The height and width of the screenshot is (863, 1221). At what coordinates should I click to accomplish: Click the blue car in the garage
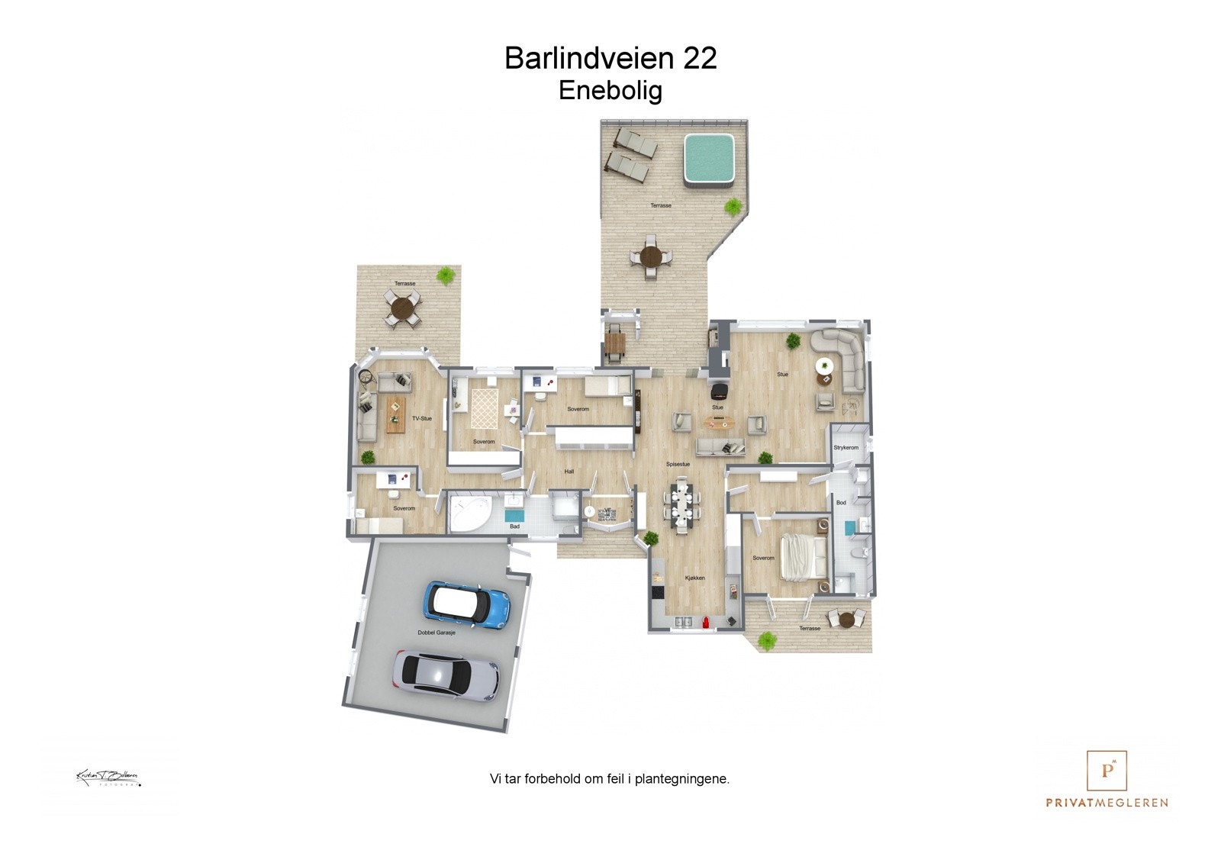tap(466, 605)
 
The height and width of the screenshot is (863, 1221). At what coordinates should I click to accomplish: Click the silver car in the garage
tap(447, 675)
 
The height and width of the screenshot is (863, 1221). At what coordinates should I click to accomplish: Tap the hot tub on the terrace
tap(708, 159)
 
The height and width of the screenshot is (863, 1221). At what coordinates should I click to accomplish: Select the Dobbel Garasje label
tap(437, 633)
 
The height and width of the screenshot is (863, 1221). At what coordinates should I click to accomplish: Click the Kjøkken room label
tap(694, 578)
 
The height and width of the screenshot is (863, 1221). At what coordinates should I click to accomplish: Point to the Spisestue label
tap(678, 464)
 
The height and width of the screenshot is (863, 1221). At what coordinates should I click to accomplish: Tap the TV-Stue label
tap(422, 418)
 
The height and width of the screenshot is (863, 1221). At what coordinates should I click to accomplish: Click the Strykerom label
tap(846, 448)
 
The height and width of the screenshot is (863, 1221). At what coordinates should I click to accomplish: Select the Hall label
tap(569, 472)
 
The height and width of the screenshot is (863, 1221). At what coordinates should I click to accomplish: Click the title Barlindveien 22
tap(610, 58)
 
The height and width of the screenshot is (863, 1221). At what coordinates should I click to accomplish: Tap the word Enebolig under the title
tap(610, 90)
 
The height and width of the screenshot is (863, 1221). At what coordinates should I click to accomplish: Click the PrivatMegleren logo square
tap(1107, 771)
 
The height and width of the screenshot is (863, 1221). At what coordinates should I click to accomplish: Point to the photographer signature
tap(108, 778)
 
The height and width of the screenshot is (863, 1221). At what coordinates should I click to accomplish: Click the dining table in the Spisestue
tap(681, 504)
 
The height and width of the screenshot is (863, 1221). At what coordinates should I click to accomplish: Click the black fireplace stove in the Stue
tap(718, 392)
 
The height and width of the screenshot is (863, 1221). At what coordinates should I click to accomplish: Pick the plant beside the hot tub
tap(733, 206)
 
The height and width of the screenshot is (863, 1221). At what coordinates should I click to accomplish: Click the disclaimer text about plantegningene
tap(610, 779)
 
